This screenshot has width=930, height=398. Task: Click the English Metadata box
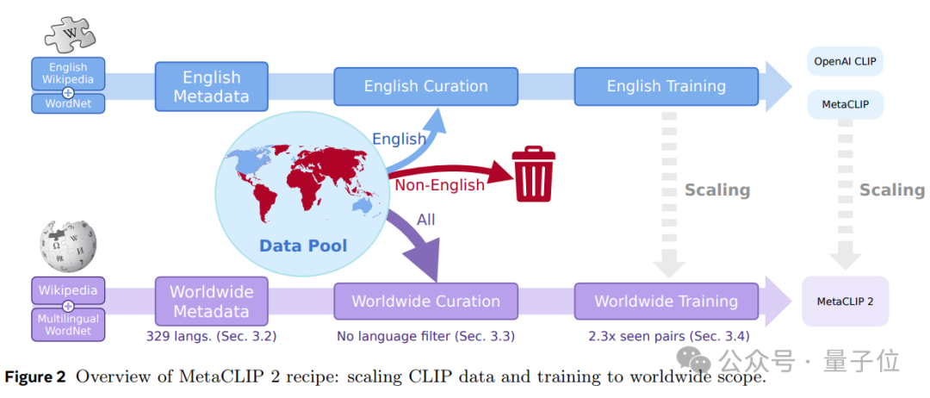211,86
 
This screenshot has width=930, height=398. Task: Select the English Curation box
425,86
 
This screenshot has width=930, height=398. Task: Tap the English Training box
666,86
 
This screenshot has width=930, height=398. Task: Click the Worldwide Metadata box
211,302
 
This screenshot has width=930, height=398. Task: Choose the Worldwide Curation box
425,302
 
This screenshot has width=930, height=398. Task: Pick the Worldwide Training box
666,302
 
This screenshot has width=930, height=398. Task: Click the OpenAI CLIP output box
845,62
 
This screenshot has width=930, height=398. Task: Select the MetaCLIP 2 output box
845,302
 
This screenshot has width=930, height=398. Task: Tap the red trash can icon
534,174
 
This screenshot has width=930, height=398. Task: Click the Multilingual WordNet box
68,325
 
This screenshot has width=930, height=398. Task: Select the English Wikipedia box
68,73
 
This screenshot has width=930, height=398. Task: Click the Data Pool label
303,246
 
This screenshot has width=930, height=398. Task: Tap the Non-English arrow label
439,185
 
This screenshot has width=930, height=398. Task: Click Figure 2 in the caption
36,377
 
